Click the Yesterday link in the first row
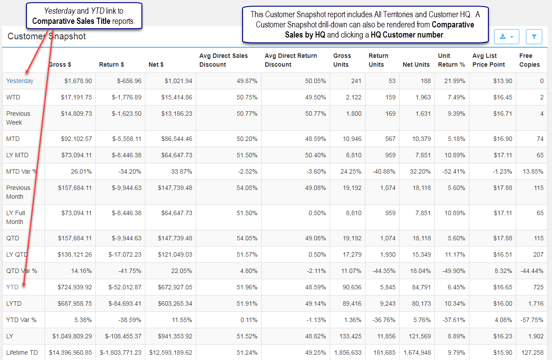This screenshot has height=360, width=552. [19, 81]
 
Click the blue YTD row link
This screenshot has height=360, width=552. [12, 287]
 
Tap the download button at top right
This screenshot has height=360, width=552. [506, 37]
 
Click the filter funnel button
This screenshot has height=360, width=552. [534, 37]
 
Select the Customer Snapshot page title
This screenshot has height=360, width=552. [46, 36]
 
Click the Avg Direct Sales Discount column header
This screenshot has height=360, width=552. [224, 60]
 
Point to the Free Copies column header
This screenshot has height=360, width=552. [529, 60]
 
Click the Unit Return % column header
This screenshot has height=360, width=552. [451, 60]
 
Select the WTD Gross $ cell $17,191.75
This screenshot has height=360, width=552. [76, 97]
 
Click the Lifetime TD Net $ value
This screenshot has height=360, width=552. [171, 352]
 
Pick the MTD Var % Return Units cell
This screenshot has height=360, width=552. [384, 171]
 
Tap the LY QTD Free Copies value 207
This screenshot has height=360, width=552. [538, 254]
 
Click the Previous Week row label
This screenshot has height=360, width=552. [18, 118]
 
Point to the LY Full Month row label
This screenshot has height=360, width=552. [15, 217]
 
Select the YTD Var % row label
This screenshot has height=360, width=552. [21, 320]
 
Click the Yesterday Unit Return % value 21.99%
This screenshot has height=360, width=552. [454, 81]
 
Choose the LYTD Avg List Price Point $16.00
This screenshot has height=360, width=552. [503, 303]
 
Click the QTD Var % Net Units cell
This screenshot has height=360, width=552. [420, 271]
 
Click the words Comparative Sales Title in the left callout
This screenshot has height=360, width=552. [71, 21]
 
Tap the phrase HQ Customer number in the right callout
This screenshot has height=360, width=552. [407, 35]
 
